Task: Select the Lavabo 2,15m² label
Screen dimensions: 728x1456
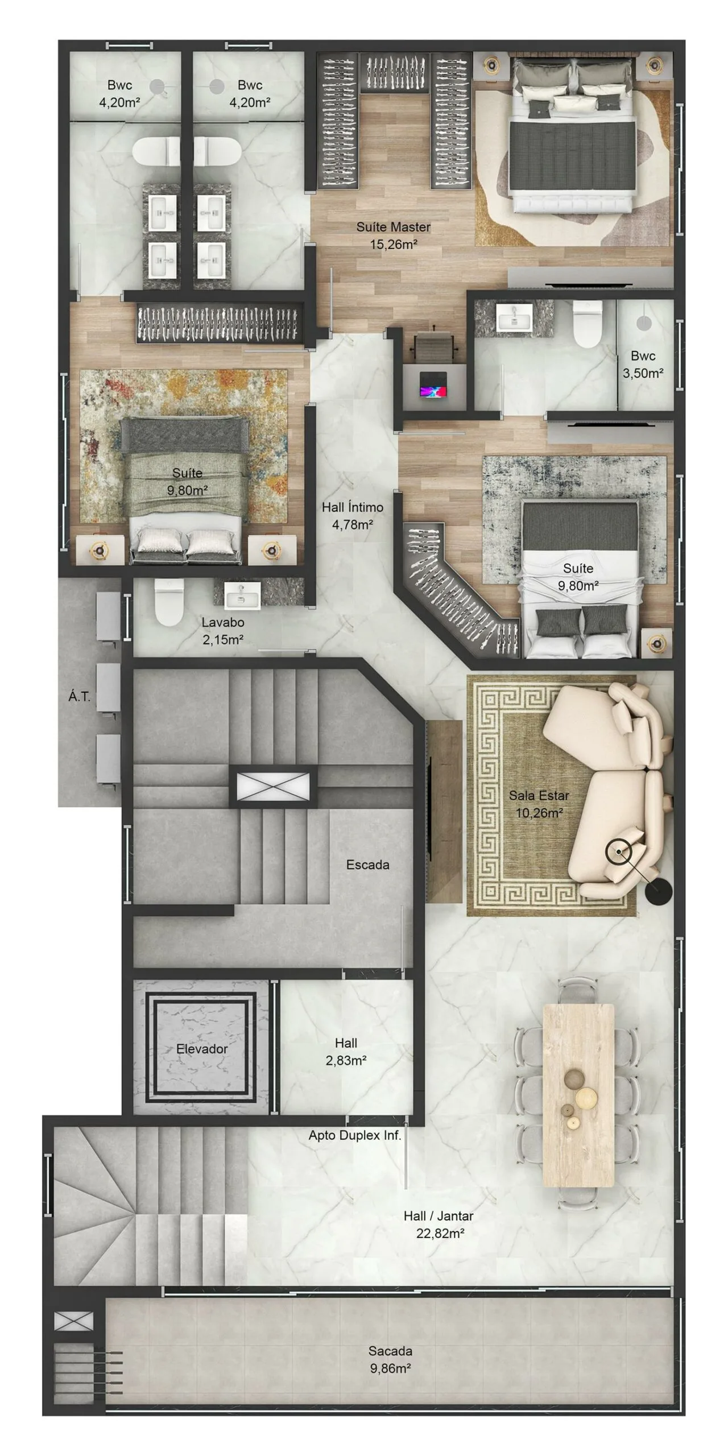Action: pos(223,631)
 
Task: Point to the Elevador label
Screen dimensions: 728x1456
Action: pos(202,1048)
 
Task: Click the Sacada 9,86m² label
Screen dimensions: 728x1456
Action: pos(390,1359)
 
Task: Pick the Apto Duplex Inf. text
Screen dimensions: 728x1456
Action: pos(355,1135)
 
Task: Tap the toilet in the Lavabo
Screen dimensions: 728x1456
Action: pos(169,602)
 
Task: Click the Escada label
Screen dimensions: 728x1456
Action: pos(368,865)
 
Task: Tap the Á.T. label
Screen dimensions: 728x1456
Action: pos(80,696)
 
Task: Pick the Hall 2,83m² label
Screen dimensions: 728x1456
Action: pos(346,1051)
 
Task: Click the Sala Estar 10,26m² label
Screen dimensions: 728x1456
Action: pos(539,804)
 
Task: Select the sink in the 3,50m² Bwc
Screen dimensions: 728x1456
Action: pos(515,317)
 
